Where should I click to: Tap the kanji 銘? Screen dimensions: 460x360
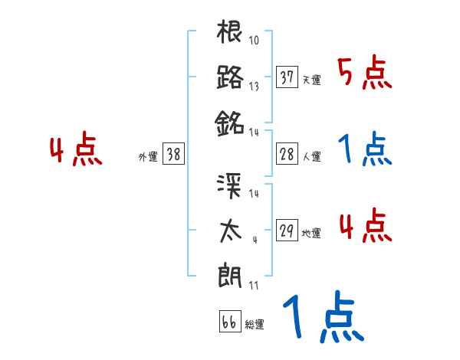click(230, 121)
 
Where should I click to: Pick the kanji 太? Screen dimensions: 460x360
click(230, 230)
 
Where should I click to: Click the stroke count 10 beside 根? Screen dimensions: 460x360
click(255, 41)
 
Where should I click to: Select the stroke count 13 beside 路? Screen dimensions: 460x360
click(254, 86)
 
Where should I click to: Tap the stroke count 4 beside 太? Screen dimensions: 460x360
click(254, 240)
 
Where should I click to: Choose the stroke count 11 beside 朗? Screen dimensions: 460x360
click(254, 286)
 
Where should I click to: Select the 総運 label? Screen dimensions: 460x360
click(255, 324)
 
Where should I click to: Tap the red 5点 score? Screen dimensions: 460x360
click(366, 74)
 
